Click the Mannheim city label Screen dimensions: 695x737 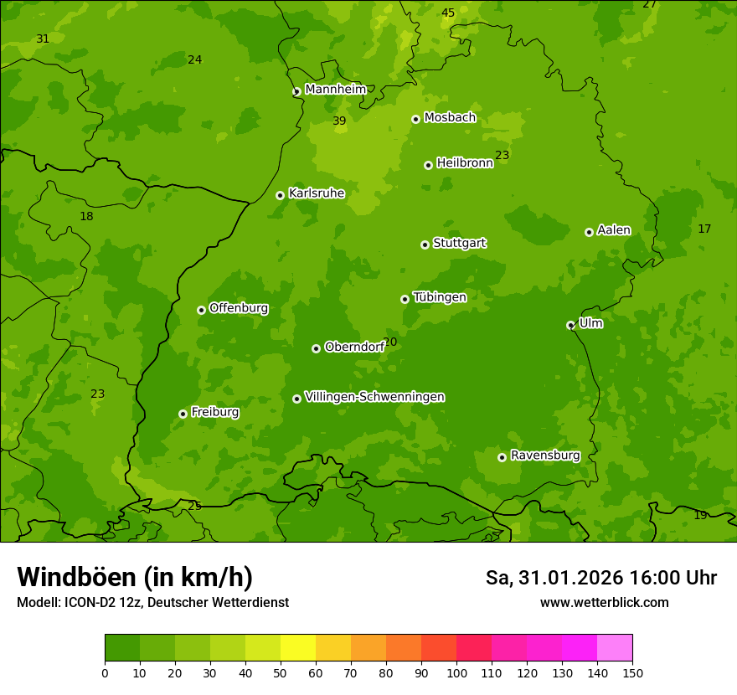coord(335,89)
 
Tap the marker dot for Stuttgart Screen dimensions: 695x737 coord(425,245)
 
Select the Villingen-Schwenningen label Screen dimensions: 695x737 coord(374,397)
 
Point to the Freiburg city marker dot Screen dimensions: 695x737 coord(183,414)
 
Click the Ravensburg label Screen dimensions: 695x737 coord(545,456)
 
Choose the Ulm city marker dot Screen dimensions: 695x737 coord(570,325)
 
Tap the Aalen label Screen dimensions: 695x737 coord(614,230)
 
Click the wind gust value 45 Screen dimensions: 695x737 coord(448,13)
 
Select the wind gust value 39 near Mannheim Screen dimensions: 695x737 coord(339,121)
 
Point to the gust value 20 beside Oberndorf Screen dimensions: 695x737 coord(390,342)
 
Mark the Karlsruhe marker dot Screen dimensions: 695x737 coord(280,195)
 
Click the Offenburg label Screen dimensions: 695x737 coord(239,308)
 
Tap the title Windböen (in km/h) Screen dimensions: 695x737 coord(135,577)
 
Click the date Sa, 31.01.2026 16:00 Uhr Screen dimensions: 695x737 coord(600,578)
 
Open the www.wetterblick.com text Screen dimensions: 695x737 coord(604,603)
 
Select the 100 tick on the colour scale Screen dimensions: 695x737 coord(456,672)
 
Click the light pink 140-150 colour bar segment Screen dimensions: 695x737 coord(615,648)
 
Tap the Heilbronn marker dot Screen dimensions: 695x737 coord(428,165)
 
